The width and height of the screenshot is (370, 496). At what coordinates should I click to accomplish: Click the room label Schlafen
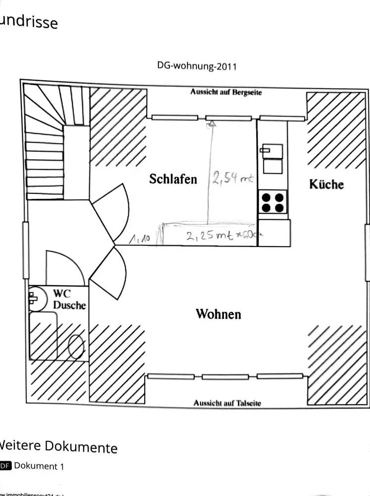173,179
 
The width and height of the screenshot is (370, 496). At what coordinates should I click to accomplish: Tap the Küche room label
326,184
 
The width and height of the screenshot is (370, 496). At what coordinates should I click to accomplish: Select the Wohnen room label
218,314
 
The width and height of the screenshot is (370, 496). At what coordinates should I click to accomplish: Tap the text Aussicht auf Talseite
227,403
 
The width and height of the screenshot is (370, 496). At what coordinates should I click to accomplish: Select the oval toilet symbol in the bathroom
76,347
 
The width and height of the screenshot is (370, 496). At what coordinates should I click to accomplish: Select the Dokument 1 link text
39,466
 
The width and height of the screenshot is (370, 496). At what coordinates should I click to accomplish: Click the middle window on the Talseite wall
225,377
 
